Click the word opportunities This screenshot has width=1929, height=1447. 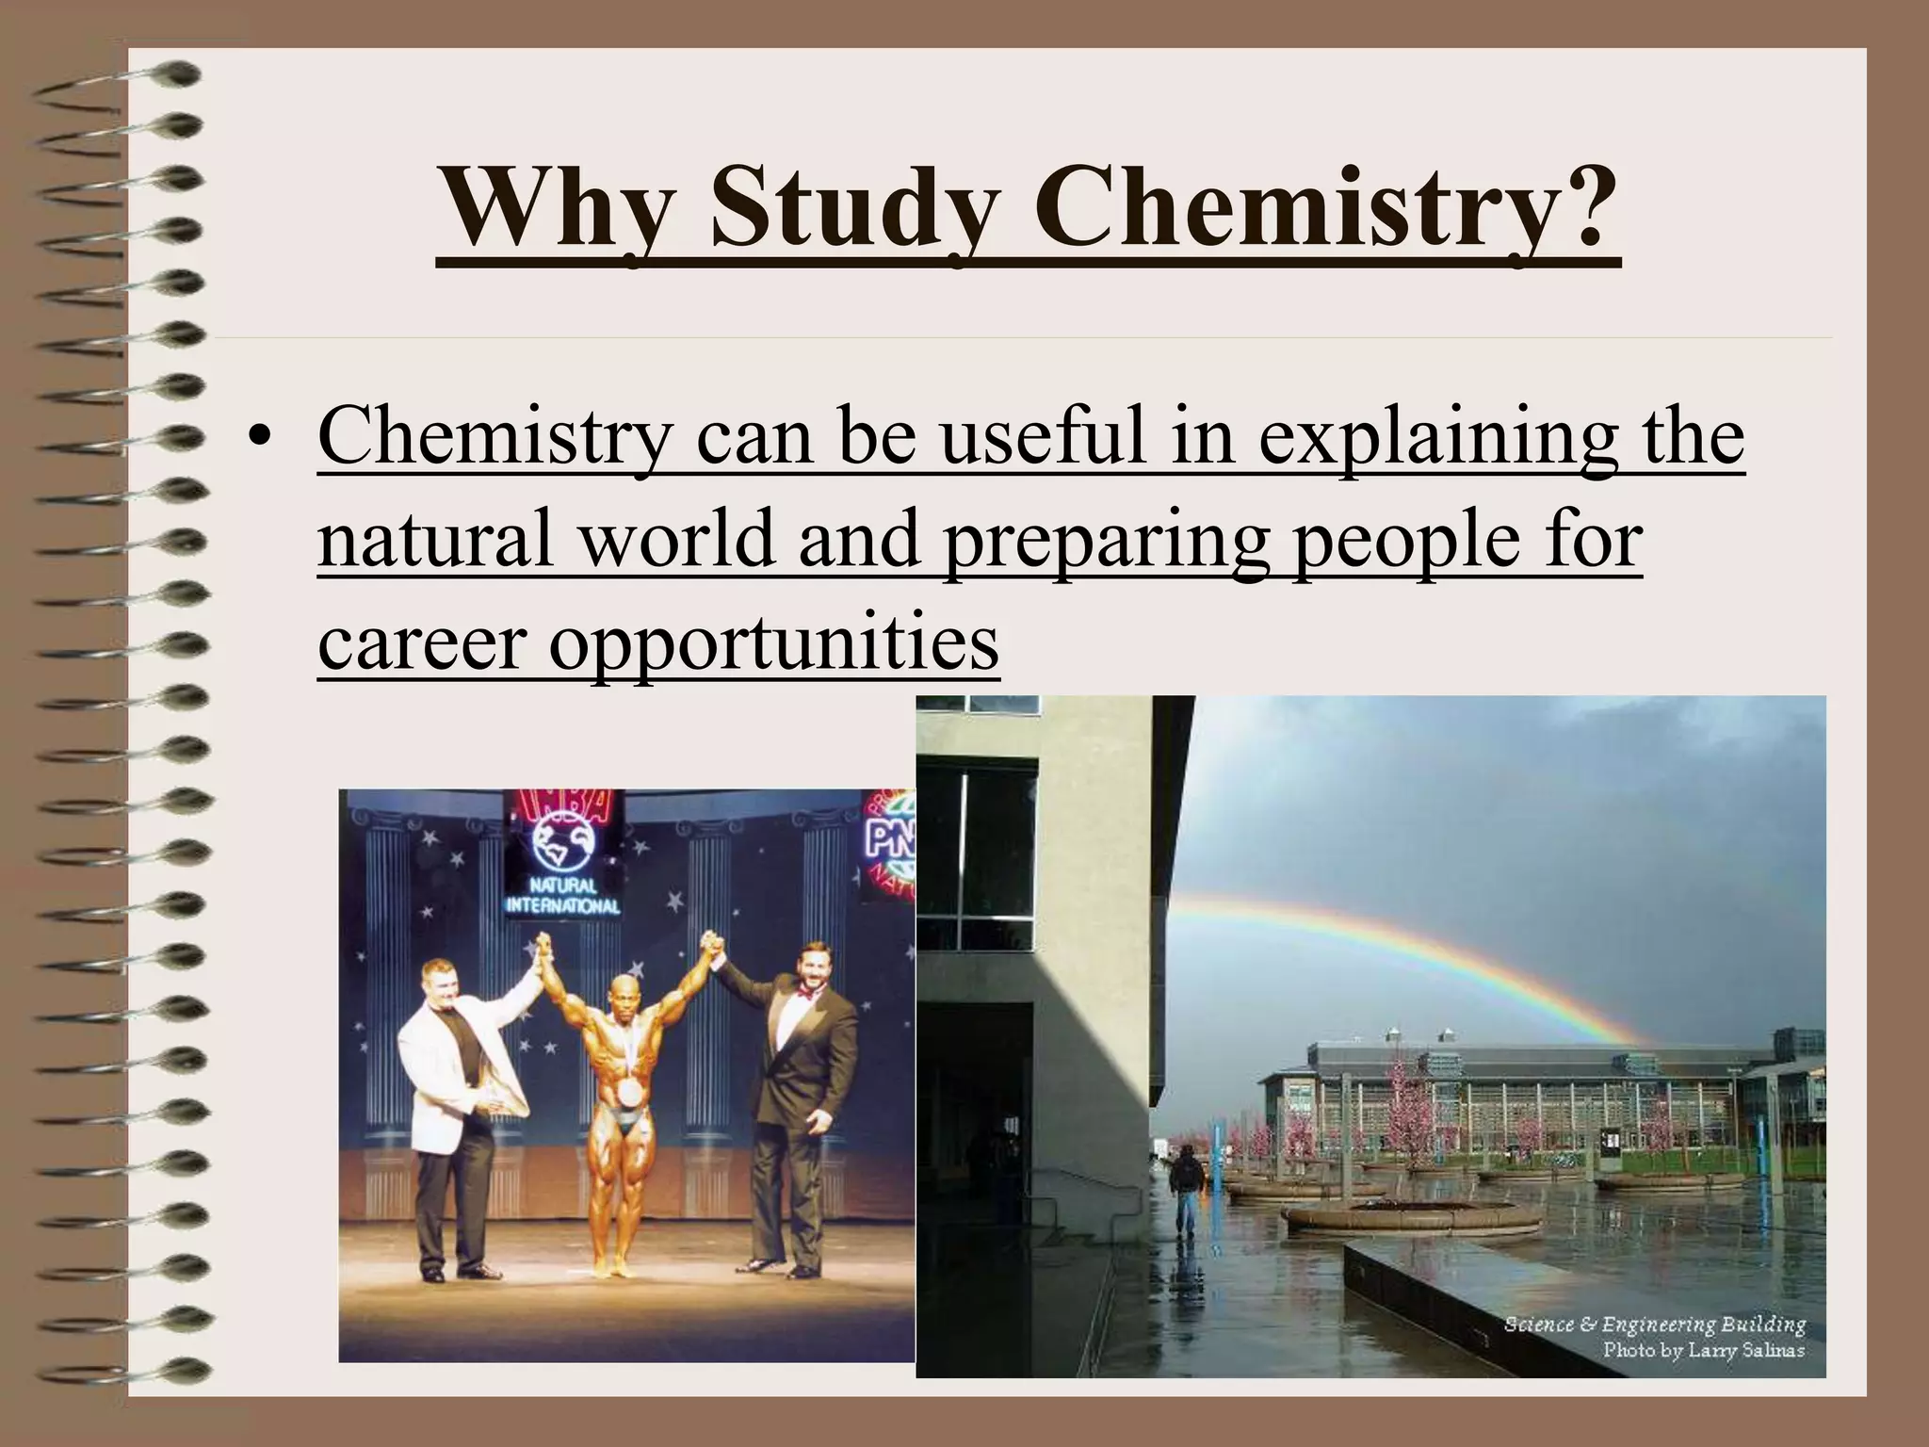[772, 642]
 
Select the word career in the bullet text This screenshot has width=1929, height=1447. [420, 642]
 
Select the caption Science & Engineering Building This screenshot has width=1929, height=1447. [1654, 1324]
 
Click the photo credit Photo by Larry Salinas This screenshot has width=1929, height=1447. [1703, 1350]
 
